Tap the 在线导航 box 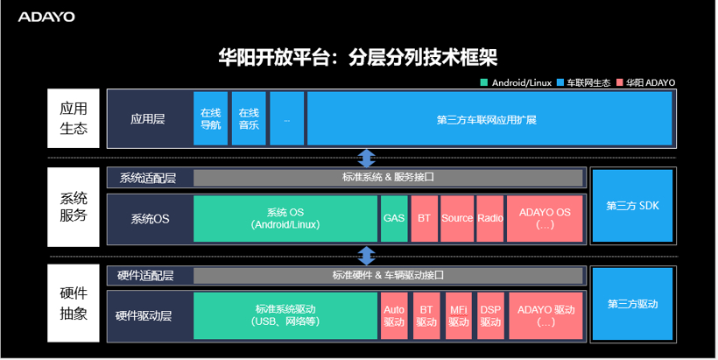tap(211, 118)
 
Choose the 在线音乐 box tap(249, 118)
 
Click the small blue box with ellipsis tap(286, 118)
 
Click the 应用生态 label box tap(74, 118)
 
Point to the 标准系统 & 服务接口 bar tap(388, 178)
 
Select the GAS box tap(394, 218)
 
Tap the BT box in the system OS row tap(425, 218)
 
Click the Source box tap(457, 218)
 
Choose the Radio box tap(489, 218)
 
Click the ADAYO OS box tap(545, 218)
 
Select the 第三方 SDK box tap(632, 206)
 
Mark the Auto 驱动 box tap(394, 315)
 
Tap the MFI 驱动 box tap(459, 315)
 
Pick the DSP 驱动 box tap(490, 315)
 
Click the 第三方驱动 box tap(632, 304)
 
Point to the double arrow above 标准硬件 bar tap(367, 256)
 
